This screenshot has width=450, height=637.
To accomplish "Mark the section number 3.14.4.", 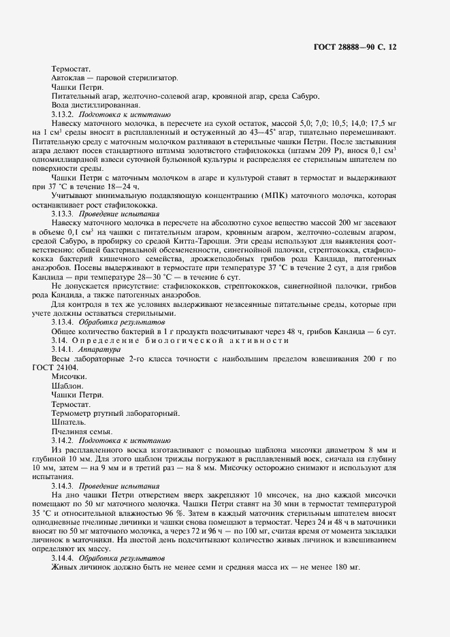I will coord(65,557).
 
